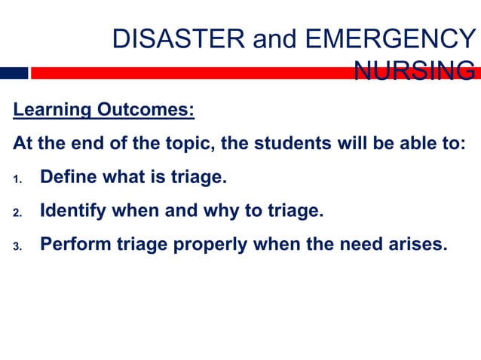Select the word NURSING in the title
(x=414, y=72)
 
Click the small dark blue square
(x=14, y=73)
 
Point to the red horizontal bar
(x=188, y=73)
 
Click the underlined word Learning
(x=50, y=111)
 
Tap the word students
(x=293, y=144)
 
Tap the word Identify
(x=72, y=211)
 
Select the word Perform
(x=72, y=244)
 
